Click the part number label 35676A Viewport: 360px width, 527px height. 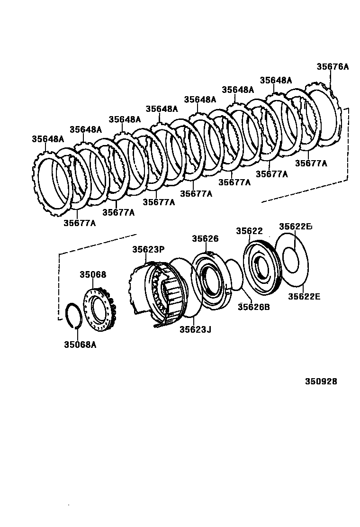332,67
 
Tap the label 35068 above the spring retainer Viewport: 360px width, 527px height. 93,275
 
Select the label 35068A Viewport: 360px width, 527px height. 80,345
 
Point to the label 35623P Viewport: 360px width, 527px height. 148,249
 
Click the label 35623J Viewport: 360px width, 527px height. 195,329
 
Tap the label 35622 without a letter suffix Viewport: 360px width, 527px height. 249,231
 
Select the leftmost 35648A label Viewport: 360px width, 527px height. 48,139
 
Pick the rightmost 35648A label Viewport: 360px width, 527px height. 276,81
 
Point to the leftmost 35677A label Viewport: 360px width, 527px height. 80,223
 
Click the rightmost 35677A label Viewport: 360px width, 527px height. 311,164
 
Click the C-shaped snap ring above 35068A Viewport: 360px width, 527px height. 73,314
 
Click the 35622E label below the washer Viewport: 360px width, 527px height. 304,297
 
